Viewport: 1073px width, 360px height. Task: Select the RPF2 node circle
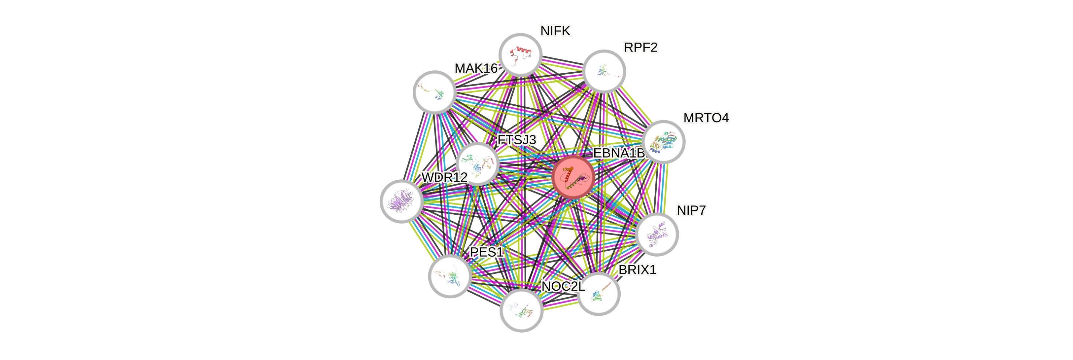[x=604, y=71]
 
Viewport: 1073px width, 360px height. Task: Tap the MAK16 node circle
[x=434, y=92]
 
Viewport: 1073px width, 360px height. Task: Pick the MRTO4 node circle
[x=664, y=142]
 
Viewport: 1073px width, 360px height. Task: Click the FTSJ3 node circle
[x=477, y=164]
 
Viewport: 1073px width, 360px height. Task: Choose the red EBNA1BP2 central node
[x=573, y=177]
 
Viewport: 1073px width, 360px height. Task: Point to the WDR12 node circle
[x=401, y=201]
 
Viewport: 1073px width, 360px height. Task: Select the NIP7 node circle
[x=657, y=234]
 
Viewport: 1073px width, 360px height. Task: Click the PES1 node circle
[x=450, y=276]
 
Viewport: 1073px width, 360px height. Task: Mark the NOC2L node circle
[x=521, y=310]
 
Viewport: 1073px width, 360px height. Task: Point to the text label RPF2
[x=640, y=48]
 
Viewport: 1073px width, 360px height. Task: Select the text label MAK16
[x=476, y=68]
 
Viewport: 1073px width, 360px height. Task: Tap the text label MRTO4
[x=706, y=118]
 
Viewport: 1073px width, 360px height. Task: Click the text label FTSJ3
[x=517, y=140]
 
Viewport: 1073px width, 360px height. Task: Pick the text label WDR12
[x=444, y=177]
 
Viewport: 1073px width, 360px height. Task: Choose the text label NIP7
[x=691, y=210]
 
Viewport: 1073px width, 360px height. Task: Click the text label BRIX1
[x=637, y=270]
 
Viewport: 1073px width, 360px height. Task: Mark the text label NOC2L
[x=563, y=287]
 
